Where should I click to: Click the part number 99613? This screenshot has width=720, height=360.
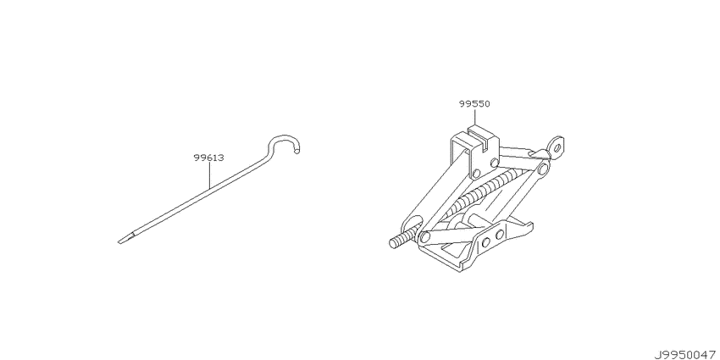(x=208, y=158)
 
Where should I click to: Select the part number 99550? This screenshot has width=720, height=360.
(x=474, y=104)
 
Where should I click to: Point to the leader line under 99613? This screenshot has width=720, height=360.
(x=209, y=175)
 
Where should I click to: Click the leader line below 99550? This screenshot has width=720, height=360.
(x=474, y=117)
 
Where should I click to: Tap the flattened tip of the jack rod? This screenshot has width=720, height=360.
(x=125, y=239)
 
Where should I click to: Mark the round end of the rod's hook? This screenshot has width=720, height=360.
(x=297, y=149)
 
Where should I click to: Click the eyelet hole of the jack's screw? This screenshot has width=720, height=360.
(x=557, y=148)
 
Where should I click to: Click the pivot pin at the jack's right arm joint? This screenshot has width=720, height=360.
(x=543, y=169)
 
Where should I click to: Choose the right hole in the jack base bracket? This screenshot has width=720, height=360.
(x=499, y=235)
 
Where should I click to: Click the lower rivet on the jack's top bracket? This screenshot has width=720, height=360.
(x=476, y=174)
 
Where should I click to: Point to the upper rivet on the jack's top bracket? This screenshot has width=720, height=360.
(x=494, y=163)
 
